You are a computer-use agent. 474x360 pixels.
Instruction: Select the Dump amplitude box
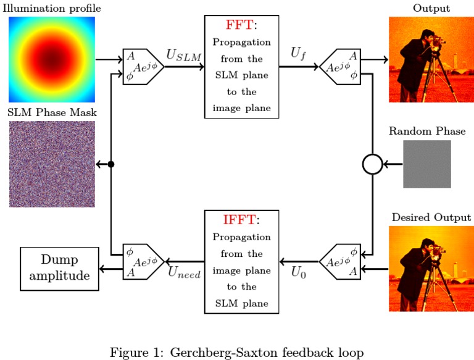pyautogui.click(x=60, y=268)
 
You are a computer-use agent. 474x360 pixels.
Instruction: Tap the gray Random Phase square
pyautogui.click(x=427, y=164)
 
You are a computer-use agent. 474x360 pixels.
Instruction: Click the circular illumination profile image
pyautogui.click(x=52, y=60)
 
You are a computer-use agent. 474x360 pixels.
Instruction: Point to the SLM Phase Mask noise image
pyautogui.click(x=52, y=164)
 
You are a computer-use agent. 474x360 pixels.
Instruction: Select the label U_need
pyautogui.click(x=185, y=274)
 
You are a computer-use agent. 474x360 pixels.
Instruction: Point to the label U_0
pyautogui.click(x=299, y=274)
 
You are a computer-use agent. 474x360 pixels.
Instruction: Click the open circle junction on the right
pyautogui.click(x=372, y=164)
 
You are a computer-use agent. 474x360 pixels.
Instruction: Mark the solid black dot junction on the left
pyautogui.click(x=111, y=164)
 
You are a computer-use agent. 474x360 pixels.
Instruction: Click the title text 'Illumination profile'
pyautogui.click(x=52, y=8)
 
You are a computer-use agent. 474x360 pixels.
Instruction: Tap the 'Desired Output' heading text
pyautogui.click(x=431, y=217)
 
